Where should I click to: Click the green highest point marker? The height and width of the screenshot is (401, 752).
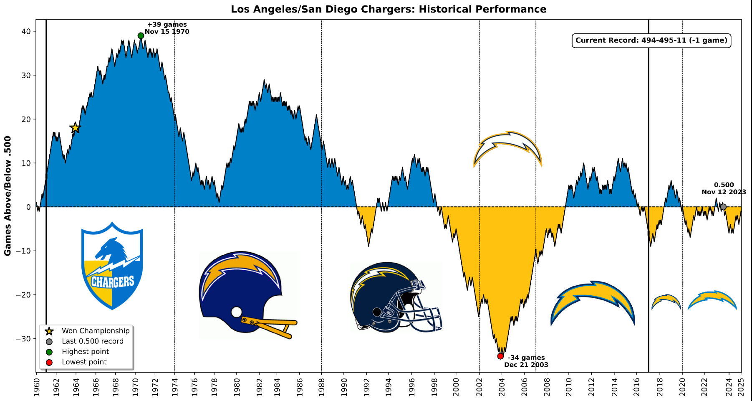click(x=141, y=36)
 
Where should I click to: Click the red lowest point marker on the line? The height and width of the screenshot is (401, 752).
click(x=500, y=356)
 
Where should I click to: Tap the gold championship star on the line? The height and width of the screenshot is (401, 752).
click(x=75, y=128)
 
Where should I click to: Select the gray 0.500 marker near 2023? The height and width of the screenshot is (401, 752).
click(x=723, y=207)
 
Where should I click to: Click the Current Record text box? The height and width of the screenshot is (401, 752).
click(x=651, y=41)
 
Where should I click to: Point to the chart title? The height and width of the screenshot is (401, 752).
click(x=389, y=9)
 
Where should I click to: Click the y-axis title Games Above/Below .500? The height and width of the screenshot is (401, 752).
click(x=8, y=195)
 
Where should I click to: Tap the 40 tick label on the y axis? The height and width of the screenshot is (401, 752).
click(x=26, y=32)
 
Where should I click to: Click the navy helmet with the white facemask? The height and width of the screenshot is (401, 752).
click(x=394, y=297)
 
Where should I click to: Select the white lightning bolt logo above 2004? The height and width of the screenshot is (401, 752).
click(x=507, y=148)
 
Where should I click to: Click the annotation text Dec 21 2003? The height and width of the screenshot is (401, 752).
click(x=526, y=365)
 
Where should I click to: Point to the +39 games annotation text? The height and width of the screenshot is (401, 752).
click(x=167, y=25)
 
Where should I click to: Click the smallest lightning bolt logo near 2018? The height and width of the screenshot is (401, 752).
click(x=666, y=301)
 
